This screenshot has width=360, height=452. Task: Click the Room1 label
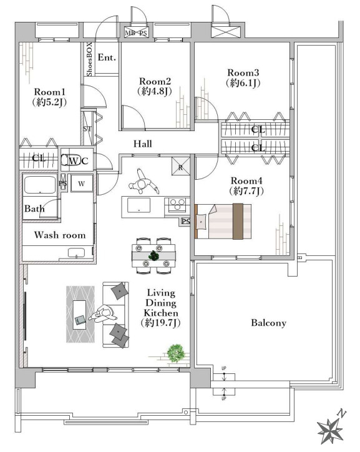(x=49, y=92)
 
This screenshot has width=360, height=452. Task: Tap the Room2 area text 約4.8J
(x=155, y=91)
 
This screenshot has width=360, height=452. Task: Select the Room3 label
(x=243, y=72)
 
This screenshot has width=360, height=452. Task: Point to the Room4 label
(x=246, y=181)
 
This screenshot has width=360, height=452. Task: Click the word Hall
(x=142, y=144)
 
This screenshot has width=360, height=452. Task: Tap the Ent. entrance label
(x=107, y=57)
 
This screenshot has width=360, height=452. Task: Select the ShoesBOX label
(x=89, y=59)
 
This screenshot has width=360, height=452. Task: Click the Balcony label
(x=269, y=323)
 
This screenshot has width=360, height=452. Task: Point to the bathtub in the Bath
(x=40, y=185)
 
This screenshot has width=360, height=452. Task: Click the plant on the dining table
(x=153, y=255)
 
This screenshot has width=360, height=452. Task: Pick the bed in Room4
(x=223, y=221)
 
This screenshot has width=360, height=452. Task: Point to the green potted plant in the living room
(x=176, y=353)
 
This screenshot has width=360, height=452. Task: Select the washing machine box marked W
(x=82, y=183)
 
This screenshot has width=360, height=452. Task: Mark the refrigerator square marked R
(x=180, y=166)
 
